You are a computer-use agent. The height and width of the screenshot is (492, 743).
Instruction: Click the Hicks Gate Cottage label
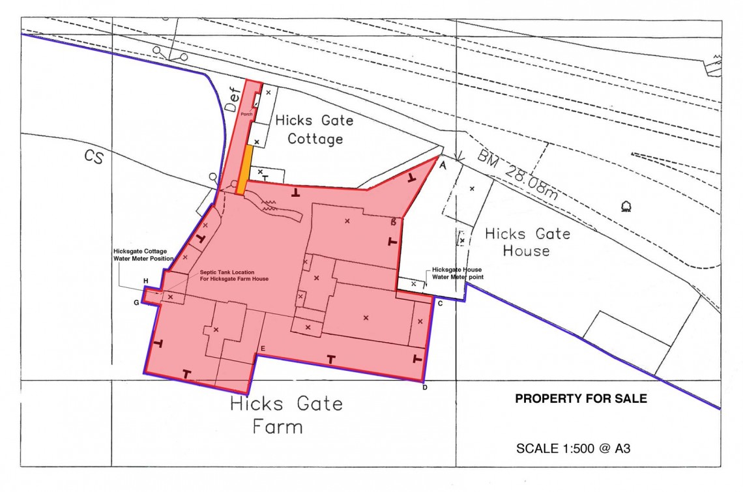tap(314, 130)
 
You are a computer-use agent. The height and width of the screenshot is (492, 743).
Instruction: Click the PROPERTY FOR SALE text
tap(581, 399)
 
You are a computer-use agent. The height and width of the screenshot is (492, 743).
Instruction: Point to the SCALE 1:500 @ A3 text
tap(572, 448)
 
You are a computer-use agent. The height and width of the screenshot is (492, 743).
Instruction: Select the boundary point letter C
tap(441, 304)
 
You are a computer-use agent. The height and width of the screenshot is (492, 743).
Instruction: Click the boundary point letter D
tap(424, 388)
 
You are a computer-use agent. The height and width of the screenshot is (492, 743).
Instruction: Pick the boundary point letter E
tap(262, 349)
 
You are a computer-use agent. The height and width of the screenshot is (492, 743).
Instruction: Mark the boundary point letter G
tap(136, 302)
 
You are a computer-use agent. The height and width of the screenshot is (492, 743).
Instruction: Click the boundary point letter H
tap(146, 281)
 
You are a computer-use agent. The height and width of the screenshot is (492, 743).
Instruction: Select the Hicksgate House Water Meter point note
tap(457, 273)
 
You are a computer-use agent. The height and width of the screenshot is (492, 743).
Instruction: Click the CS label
tap(93, 157)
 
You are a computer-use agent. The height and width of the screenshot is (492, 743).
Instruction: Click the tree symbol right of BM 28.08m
tap(627, 207)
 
